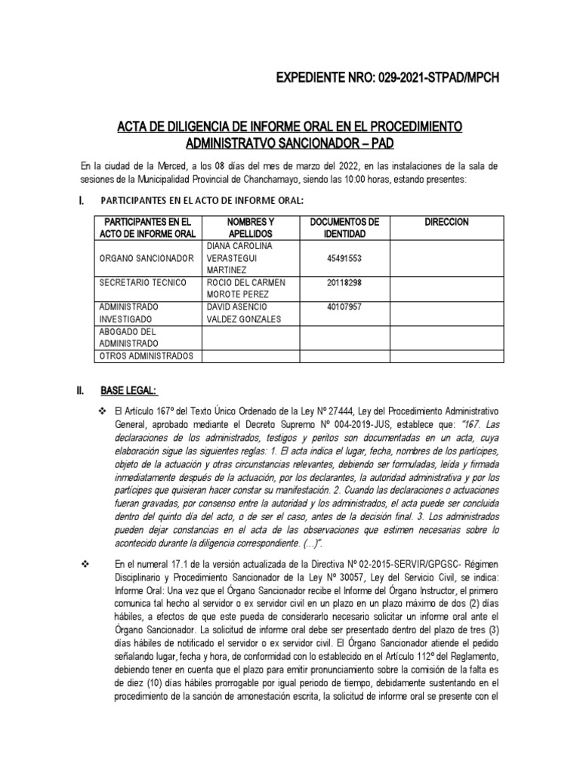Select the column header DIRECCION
[446, 222]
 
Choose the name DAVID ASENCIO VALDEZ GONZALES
[242, 313]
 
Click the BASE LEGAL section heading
[128, 390]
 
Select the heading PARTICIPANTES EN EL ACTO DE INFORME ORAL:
[202, 199]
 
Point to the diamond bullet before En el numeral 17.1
[84, 564]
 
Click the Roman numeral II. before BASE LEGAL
[80, 390]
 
